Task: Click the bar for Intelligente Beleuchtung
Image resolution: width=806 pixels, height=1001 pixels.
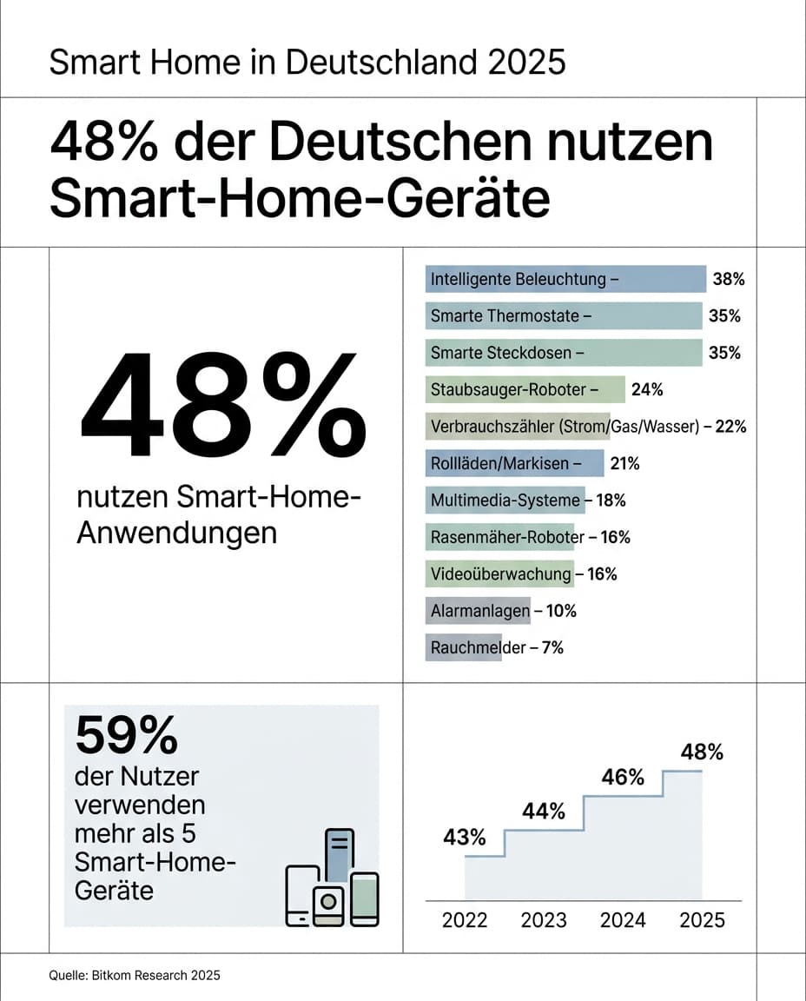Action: (x=565, y=280)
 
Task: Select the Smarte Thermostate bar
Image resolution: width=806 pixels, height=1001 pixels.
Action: (x=564, y=316)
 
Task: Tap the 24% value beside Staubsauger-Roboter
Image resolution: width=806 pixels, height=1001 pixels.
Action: (x=647, y=390)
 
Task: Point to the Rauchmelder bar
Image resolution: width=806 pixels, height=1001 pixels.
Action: (x=463, y=647)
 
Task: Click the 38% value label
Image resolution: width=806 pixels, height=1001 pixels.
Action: (x=729, y=280)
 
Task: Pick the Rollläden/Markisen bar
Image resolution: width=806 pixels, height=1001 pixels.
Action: (x=515, y=464)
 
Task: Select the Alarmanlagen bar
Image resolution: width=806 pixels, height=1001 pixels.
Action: (x=478, y=611)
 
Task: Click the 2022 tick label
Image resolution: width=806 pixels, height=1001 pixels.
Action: (x=465, y=920)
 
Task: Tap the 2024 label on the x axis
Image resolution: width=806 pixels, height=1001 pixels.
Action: (x=623, y=920)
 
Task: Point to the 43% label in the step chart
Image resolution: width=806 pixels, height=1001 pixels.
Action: (x=465, y=838)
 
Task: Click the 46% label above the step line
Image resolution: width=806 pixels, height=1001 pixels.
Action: (x=623, y=778)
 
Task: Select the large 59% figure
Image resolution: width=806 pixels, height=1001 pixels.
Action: (x=126, y=736)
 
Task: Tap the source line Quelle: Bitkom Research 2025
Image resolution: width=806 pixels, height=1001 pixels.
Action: (x=135, y=976)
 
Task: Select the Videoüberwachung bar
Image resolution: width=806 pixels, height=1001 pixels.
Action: (x=500, y=574)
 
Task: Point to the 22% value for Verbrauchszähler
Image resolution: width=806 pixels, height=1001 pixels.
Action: (x=730, y=427)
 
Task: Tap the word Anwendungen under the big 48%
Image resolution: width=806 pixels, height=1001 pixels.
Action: (x=177, y=532)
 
